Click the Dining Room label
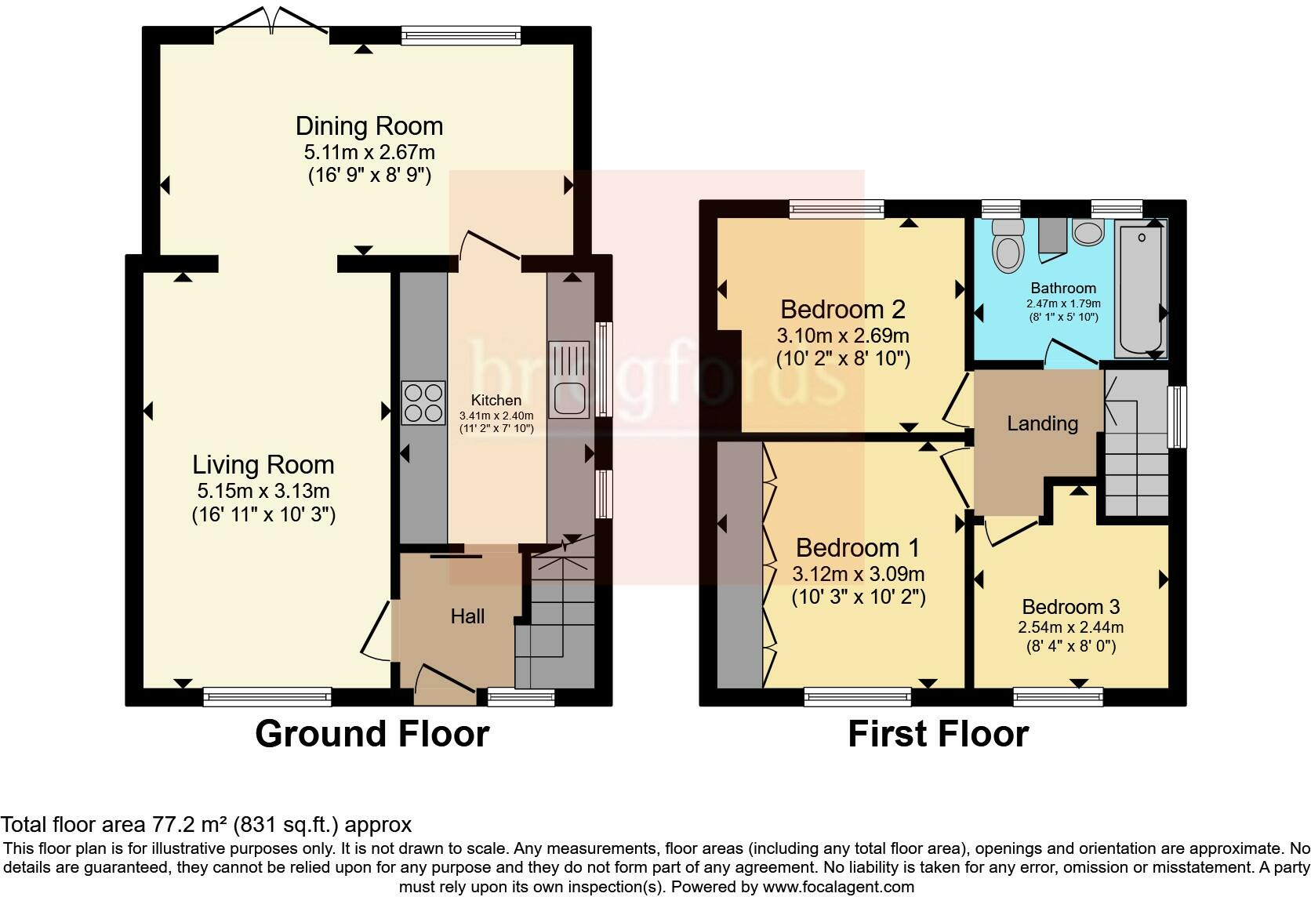369,125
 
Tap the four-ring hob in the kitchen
423,401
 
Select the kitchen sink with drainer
568,379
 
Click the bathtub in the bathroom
1141,289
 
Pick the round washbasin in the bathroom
1088,232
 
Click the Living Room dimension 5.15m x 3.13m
263,492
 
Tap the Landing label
1042,423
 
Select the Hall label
467,616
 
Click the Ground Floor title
372,734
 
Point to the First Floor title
938,734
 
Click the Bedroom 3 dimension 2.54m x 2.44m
1070,627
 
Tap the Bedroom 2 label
843,309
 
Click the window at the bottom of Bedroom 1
858,695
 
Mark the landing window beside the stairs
1176,416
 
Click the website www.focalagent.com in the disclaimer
838,888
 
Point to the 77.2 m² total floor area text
187,824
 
